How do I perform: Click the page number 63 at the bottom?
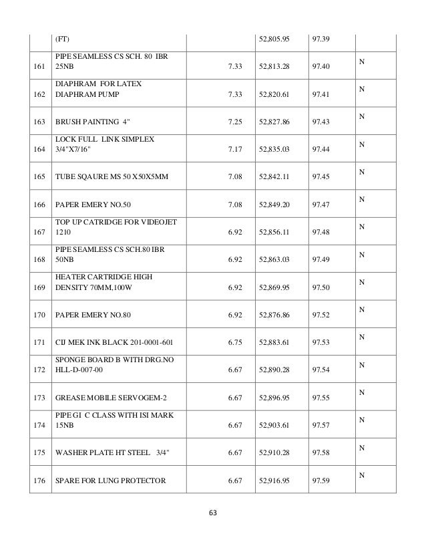tap(213, 513)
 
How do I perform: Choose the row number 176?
tap(40, 478)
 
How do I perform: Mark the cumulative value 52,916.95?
tap(275, 478)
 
